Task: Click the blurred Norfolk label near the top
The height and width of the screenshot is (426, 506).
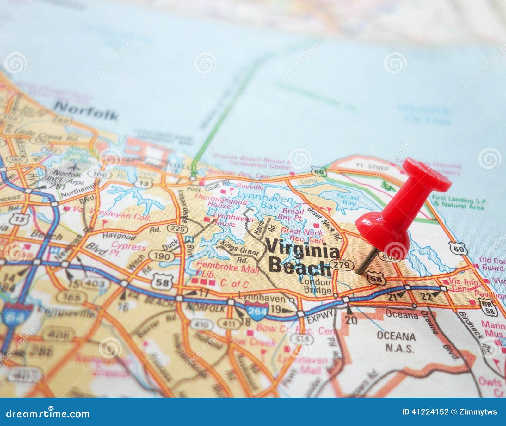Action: point(86,111)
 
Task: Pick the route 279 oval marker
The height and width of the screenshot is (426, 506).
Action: point(342,265)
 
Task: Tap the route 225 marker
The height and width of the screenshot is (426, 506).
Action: point(177,228)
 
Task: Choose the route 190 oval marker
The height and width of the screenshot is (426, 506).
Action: point(161,256)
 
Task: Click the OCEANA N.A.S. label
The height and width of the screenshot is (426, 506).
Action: point(396,342)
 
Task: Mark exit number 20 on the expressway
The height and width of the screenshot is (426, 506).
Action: point(351,320)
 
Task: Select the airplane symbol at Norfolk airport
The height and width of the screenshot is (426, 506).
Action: point(76,167)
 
